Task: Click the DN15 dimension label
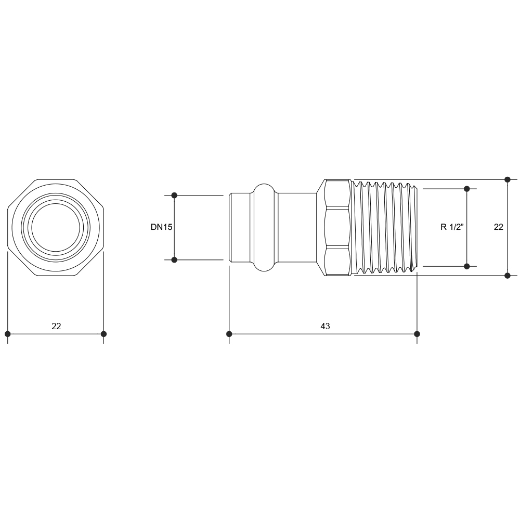pos(162,227)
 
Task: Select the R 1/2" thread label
pos(452,227)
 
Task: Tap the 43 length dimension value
pos(326,326)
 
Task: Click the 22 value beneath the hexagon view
pos(56,326)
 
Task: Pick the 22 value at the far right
pos(499,227)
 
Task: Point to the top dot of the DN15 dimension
pos(174,196)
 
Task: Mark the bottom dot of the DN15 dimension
pos(174,259)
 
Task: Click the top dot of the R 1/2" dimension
pos(467,189)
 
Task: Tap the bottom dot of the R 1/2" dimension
pos(467,266)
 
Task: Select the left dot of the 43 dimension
pos(229,334)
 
